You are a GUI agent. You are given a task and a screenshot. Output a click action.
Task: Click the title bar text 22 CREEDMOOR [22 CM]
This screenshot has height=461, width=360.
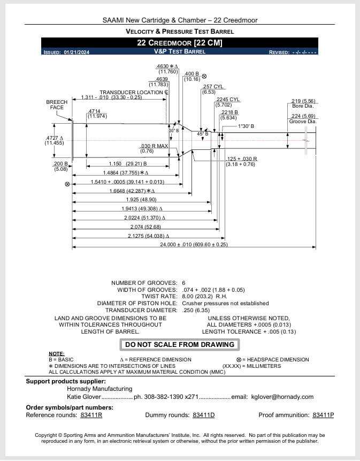point(179,43)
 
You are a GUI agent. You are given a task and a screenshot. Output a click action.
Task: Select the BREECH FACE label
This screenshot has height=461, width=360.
point(57,105)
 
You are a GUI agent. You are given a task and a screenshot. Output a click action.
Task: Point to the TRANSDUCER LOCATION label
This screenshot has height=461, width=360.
point(134,92)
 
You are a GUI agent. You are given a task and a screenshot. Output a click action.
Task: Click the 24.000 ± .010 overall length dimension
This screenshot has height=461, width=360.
point(194,245)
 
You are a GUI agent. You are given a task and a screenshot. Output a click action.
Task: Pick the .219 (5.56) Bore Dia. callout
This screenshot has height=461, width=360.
point(303,103)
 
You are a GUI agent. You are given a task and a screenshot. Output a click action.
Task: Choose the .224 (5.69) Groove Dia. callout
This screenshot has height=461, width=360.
point(303,119)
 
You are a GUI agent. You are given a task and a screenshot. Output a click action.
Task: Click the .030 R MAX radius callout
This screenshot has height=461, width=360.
point(154,148)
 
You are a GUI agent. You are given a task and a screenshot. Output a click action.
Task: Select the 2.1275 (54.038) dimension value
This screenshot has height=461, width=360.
point(149,236)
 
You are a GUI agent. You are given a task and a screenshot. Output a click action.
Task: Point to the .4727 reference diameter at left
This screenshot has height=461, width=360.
point(54,140)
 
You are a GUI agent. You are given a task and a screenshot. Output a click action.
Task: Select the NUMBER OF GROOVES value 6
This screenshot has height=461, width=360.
point(183,283)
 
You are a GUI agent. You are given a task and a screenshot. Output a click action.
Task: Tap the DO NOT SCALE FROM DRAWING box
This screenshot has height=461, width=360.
point(179,345)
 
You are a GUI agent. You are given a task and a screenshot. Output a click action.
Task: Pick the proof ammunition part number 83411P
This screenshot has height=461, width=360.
point(323,415)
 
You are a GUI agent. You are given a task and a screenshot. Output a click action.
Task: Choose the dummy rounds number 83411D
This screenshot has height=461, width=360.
point(203,415)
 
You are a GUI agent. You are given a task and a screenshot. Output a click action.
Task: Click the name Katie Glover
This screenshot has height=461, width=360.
point(83,397)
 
